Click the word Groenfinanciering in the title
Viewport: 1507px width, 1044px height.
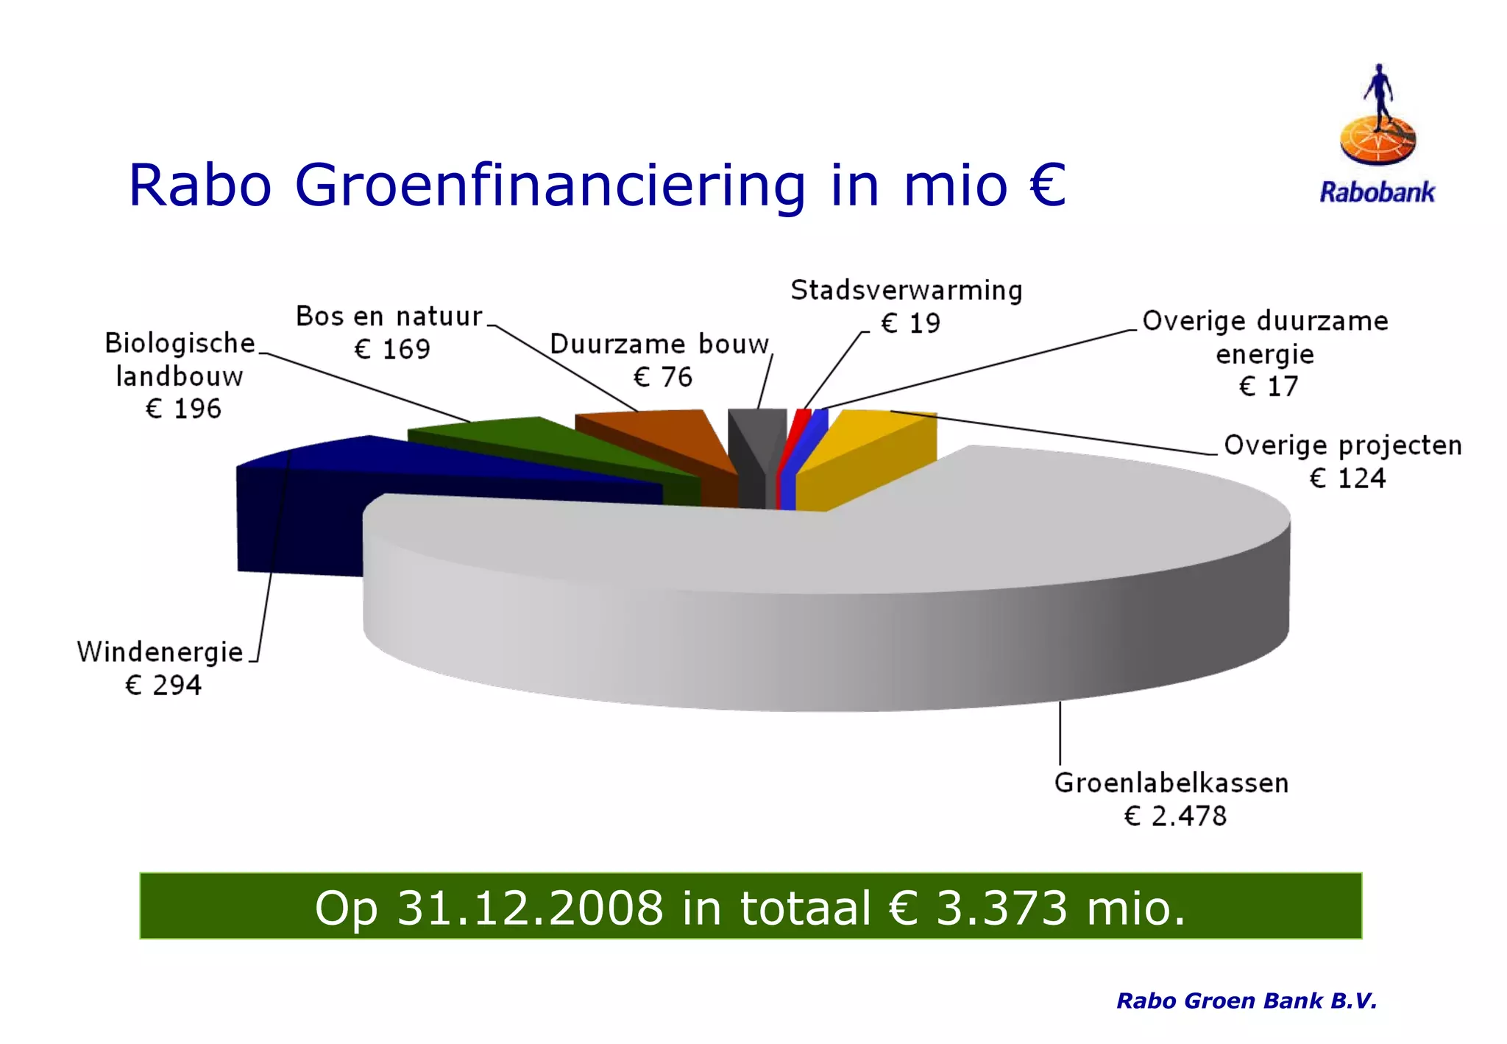550,186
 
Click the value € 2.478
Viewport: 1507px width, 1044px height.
1175,816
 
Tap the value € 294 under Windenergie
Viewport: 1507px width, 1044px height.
163,685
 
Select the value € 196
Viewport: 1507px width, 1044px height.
183,409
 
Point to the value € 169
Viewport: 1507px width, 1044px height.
392,349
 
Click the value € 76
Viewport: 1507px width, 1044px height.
662,378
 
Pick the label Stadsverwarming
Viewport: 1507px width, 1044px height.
907,291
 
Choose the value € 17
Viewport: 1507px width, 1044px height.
1269,387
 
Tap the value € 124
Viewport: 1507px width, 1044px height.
1347,479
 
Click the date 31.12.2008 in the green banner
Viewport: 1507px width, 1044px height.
530,908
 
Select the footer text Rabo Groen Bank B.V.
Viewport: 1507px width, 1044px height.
1247,1001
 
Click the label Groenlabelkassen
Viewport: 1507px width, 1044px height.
1171,783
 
